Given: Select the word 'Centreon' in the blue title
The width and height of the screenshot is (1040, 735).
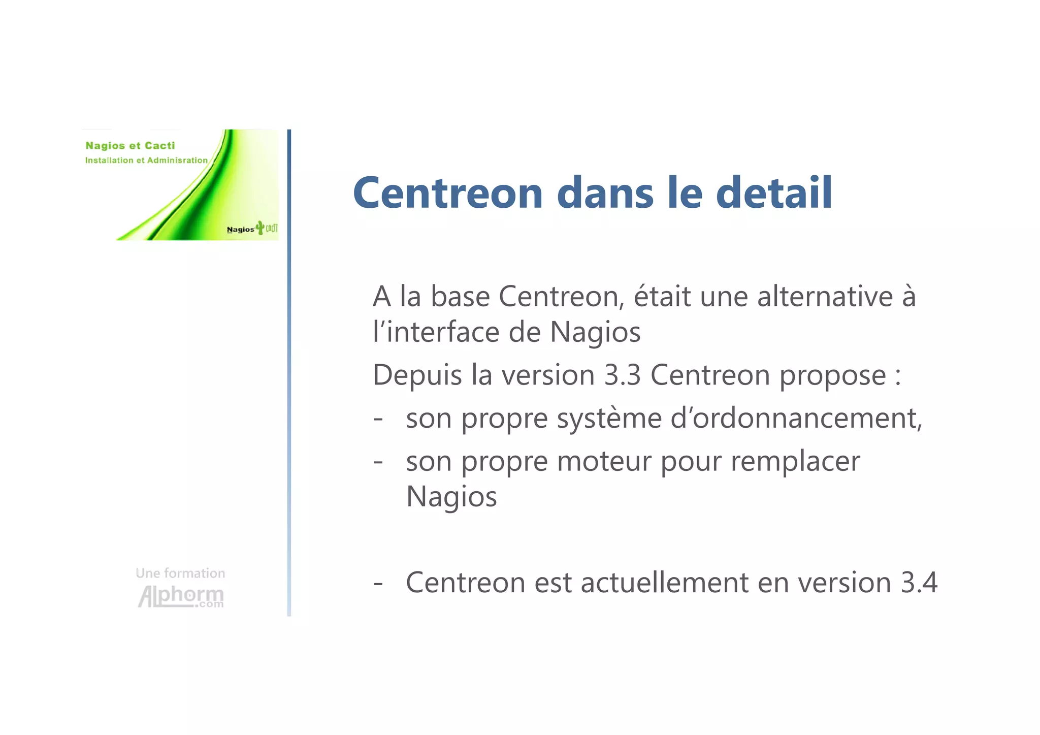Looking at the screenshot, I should (x=448, y=194).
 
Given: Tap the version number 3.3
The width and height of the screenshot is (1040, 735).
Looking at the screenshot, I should (x=623, y=375).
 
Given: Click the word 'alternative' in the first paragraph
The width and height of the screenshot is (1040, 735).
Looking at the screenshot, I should (x=825, y=297).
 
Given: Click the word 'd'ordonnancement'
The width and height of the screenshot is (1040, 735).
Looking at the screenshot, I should (x=796, y=419).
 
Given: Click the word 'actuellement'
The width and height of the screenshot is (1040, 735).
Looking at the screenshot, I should (x=664, y=583).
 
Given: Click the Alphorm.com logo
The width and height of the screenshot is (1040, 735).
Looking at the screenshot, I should (x=181, y=597).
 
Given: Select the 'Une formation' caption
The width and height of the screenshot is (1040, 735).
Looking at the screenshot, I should (x=180, y=573).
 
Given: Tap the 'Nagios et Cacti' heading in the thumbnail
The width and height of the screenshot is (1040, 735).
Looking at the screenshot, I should (x=130, y=146).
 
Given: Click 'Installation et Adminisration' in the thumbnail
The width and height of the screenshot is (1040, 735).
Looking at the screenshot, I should (x=146, y=161).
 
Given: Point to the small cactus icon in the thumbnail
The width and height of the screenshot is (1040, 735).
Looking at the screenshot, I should (x=260, y=227).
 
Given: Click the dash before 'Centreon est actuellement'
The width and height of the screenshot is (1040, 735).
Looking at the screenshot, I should (x=378, y=583).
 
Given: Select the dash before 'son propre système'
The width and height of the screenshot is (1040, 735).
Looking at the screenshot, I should (x=378, y=420).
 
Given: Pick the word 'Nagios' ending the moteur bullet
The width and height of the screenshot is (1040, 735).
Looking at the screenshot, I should (x=451, y=497).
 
